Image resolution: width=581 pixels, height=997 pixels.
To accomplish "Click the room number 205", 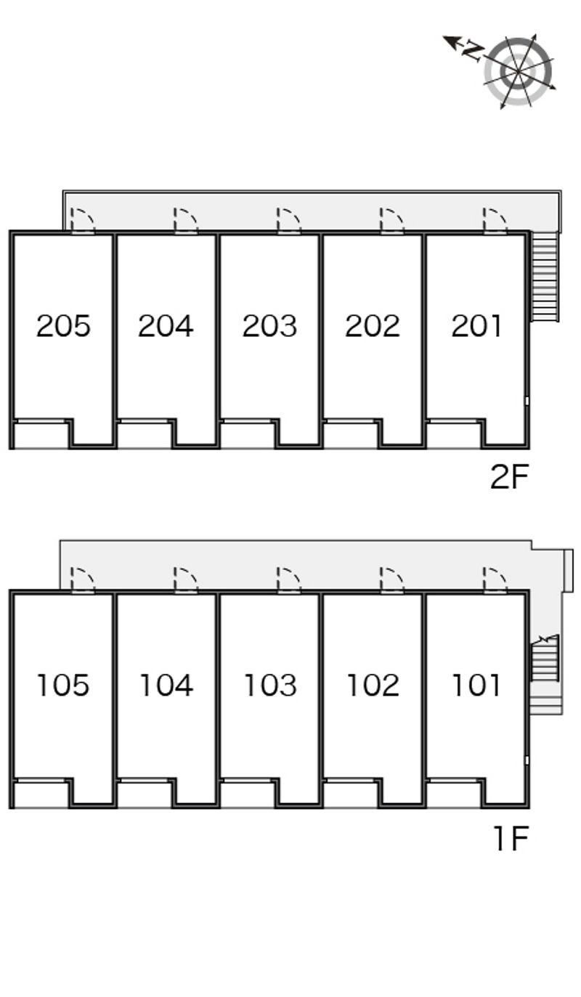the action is (x=63, y=326).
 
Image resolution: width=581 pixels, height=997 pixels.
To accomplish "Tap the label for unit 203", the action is (x=269, y=326).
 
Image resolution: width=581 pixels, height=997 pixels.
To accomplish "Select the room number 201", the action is (x=476, y=326).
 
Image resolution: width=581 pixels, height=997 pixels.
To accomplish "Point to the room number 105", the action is (x=63, y=685).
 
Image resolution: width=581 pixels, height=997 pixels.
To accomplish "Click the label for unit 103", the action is (x=270, y=685).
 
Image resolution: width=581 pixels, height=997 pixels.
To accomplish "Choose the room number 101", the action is (x=476, y=685).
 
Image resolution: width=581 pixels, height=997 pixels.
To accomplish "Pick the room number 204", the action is (x=166, y=326).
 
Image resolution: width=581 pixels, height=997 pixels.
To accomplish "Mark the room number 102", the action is (x=373, y=685).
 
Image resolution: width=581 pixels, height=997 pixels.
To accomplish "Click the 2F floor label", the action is (x=509, y=476).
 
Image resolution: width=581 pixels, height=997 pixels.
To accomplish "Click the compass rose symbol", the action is (x=519, y=71).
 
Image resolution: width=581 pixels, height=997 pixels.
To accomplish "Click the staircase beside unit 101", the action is (x=545, y=659).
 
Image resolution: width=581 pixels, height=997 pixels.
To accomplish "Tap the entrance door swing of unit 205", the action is (x=83, y=220).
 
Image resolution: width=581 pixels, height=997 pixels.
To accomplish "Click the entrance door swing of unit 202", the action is (x=391, y=220).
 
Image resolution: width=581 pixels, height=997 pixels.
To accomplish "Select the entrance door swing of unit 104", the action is (x=186, y=580).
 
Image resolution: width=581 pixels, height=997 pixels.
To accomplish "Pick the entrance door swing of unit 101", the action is (x=495, y=580).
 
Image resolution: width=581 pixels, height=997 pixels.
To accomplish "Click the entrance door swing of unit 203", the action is (x=288, y=220).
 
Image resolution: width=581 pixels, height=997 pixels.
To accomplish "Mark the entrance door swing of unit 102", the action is (x=391, y=580).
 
